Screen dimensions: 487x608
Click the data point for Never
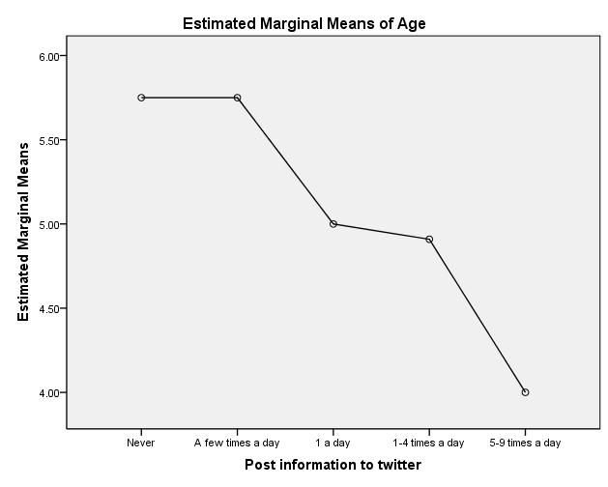(141, 98)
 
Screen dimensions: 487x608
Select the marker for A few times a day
(237, 98)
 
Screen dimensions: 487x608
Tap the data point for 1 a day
(333, 224)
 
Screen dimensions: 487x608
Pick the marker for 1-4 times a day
(429, 239)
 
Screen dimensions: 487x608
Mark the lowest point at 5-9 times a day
(525, 392)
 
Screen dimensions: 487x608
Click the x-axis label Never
(141, 443)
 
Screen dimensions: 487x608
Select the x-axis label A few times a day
(237, 443)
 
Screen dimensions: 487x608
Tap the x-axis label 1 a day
(333, 443)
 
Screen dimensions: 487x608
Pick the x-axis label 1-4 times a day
(429, 443)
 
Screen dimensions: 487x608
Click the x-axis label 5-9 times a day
(525, 443)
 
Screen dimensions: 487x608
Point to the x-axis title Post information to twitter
(333, 466)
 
